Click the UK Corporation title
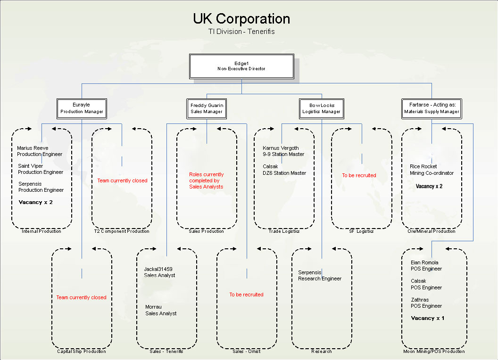(x=241, y=19)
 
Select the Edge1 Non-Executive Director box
(x=241, y=66)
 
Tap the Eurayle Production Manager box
(x=82, y=108)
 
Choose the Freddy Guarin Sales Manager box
(x=207, y=108)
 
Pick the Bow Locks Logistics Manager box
(x=322, y=108)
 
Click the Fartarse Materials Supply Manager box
(x=432, y=108)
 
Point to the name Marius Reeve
(x=33, y=148)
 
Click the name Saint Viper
(x=31, y=166)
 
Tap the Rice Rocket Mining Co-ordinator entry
(x=432, y=170)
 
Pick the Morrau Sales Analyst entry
(x=161, y=310)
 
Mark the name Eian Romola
(x=424, y=262)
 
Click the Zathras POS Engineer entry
(x=426, y=303)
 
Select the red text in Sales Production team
(x=207, y=180)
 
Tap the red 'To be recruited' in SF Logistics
(x=359, y=175)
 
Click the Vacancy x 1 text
(x=428, y=318)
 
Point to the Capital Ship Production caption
(x=82, y=351)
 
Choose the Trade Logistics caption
(x=284, y=231)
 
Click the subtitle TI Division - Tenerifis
(x=241, y=32)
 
